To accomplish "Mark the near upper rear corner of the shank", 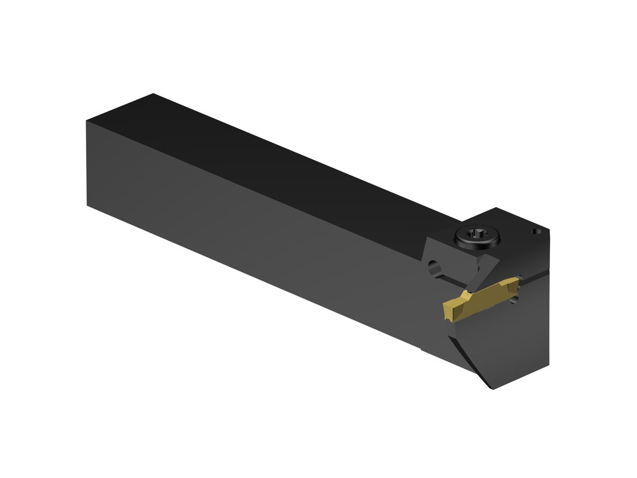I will (87, 122).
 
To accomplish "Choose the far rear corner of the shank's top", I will (153, 94).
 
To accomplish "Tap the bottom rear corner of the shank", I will (87, 205).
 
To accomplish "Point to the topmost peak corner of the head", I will (495, 208).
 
